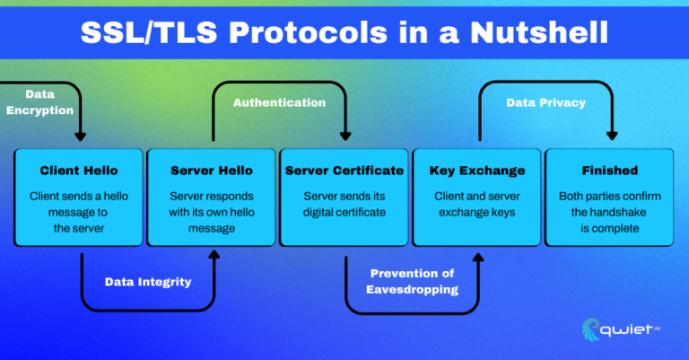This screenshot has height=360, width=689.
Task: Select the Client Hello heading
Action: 79,171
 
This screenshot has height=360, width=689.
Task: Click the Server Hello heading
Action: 212,171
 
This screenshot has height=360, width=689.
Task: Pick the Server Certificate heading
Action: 344,171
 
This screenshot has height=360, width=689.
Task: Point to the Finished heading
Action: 609,171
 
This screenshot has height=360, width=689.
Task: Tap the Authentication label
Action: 279,102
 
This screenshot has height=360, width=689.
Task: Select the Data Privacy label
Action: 545,102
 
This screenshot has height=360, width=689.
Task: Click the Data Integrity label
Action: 147,282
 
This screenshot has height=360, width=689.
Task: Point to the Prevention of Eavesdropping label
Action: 412,281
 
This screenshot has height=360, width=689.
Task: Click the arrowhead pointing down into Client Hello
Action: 80,136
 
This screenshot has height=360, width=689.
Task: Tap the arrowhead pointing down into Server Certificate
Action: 344,136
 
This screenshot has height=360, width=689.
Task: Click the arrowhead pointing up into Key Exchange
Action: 477,257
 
